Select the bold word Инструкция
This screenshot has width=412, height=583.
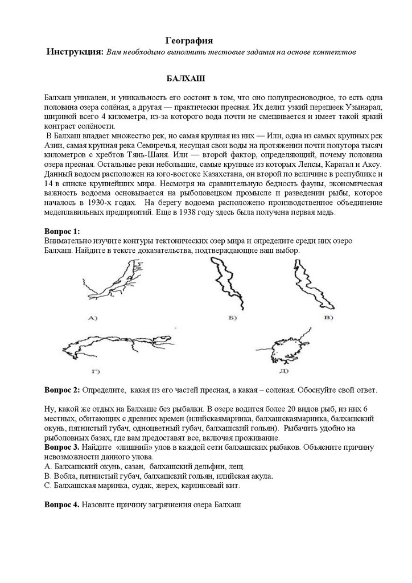[x=75, y=52]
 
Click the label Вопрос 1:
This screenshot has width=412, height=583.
[x=62, y=232]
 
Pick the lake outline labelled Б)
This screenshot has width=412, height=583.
[x=227, y=283]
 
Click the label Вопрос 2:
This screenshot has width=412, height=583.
[x=62, y=390]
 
